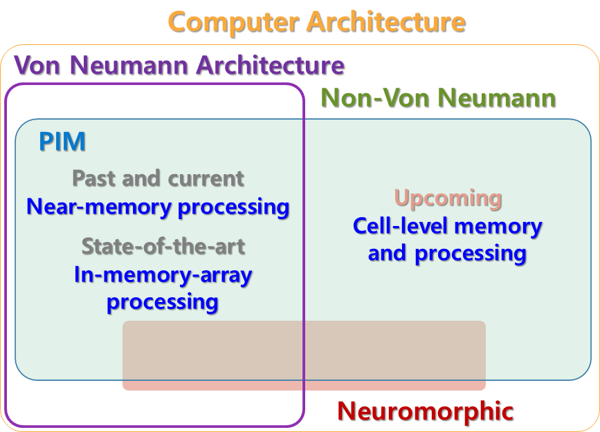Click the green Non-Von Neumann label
[x=438, y=99]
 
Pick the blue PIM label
[x=62, y=142]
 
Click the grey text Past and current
[x=158, y=178]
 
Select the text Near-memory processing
[x=158, y=206]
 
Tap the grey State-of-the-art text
[x=163, y=246]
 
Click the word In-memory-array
[x=163, y=275]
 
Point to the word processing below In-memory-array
[x=163, y=302]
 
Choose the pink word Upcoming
[x=448, y=199]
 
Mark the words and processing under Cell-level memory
[x=447, y=253]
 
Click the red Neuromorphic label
[x=425, y=411]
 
